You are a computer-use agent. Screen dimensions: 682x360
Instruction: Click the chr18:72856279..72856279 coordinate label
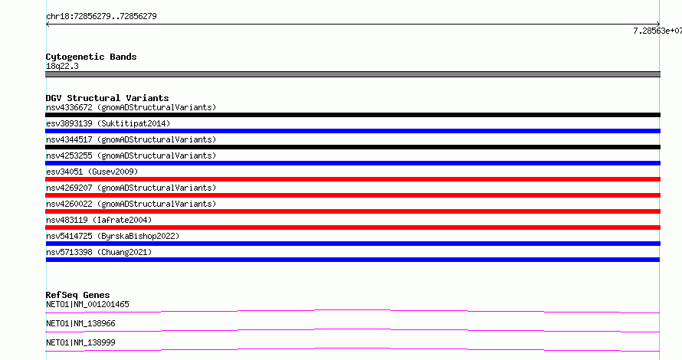point(101,17)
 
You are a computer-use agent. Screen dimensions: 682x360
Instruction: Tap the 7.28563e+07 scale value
point(657,31)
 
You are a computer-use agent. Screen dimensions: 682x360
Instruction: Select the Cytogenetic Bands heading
point(91,57)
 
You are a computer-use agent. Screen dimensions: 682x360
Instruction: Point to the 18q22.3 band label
point(62,66)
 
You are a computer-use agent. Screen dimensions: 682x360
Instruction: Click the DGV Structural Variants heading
point(107,98)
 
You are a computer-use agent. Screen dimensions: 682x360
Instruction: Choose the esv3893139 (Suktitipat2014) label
point(108,123)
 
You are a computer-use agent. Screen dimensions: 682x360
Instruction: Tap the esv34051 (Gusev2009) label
point(92,172)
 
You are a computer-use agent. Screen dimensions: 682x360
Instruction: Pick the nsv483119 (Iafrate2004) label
point(99,220)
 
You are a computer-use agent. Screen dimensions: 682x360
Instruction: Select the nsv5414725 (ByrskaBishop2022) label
point(113,236)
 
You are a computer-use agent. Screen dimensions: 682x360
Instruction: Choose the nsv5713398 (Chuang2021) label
point(99,252)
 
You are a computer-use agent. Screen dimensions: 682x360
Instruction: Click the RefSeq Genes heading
point(77,295)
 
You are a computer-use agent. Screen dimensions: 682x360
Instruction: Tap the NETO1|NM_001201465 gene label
point(87,304)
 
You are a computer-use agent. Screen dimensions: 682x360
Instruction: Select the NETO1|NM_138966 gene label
point(80,323)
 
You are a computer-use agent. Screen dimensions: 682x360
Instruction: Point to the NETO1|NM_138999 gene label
point(80,342)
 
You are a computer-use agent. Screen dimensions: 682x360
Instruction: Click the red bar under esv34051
point(352,179)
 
